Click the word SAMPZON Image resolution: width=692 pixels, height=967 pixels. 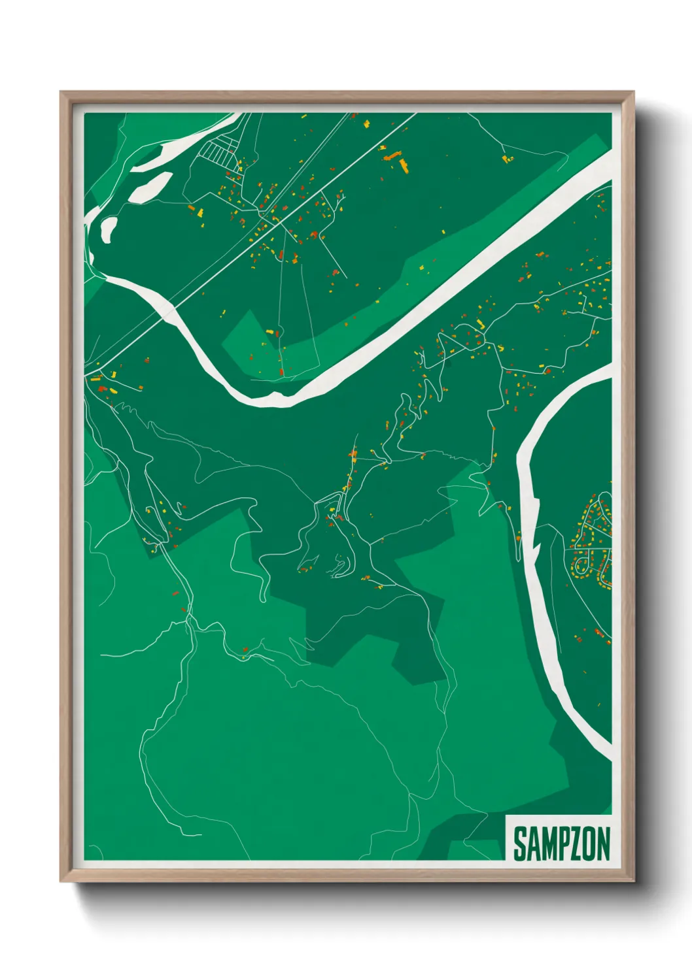point(561,844)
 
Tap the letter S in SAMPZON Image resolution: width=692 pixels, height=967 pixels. point(520,844)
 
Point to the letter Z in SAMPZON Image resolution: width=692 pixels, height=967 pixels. point(573,844)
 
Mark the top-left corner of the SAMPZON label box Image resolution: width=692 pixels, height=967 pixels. point(507,815)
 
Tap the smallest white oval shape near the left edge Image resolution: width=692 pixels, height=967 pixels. point(109,228)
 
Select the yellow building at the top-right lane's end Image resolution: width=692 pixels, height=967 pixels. point(505,157)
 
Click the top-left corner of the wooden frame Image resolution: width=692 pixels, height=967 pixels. point(61,92)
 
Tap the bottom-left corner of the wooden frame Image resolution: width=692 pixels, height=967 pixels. point(61,881)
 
